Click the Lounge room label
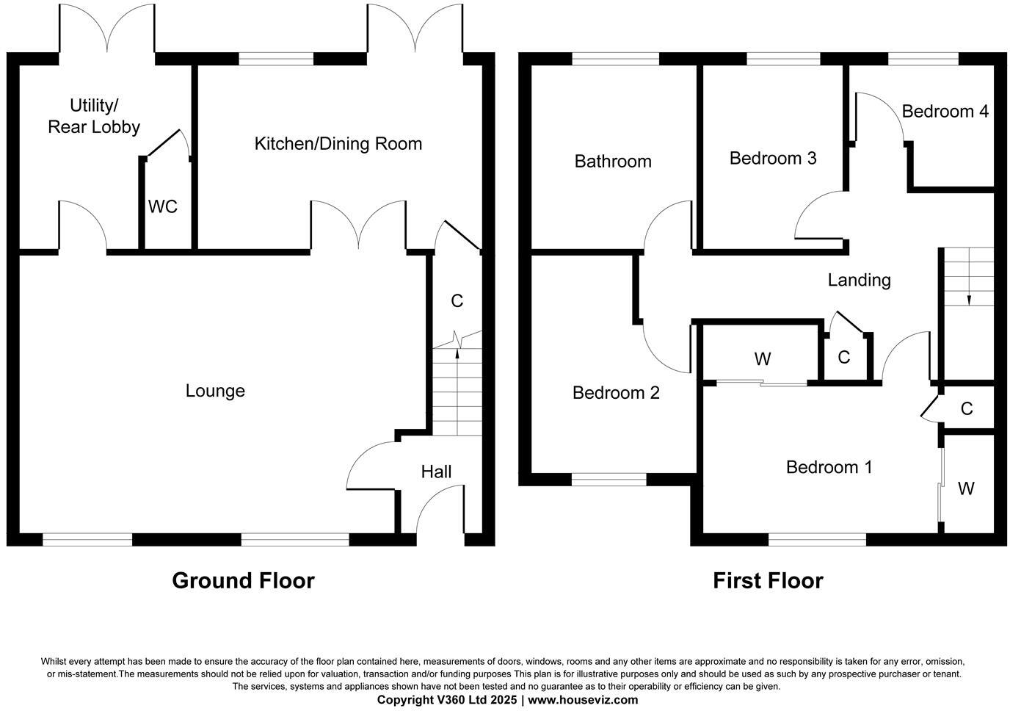coord(215,391)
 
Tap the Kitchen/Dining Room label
coord(338,143)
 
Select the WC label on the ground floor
coord(163,207)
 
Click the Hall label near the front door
coord(436,472)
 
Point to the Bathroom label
coord(613,162)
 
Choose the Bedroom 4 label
coord(945,112)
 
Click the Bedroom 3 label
coord(773,158)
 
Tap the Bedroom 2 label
coord(616,393)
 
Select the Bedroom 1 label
coord(829,467)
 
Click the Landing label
coord(860,280)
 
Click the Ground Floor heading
coord(243,581)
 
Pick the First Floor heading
coord(768,581)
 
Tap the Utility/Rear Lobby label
coord(94,116)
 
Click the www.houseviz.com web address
coord(583,700)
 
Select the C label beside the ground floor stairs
coord(457,300)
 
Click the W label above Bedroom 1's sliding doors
coord(763,359)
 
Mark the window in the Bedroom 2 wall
coord(609,480)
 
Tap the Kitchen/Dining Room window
coord(277,59)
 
